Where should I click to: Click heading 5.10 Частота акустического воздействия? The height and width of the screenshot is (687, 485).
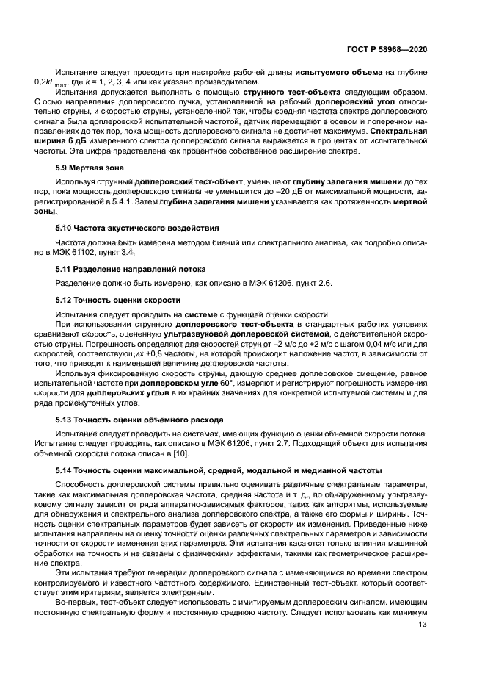click(127, 229)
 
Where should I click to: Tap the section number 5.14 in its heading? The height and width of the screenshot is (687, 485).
click(65, 470)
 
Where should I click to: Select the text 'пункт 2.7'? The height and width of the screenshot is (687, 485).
click(300, 443)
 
